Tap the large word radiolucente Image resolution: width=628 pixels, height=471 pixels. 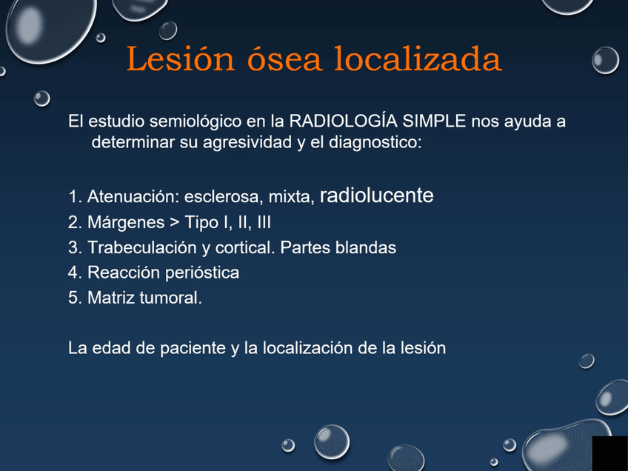pos(376,196)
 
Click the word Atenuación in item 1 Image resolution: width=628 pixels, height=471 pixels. pos(130,198)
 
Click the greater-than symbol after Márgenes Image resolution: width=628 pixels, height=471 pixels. pos(175,222)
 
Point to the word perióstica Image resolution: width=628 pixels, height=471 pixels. pos(202,273)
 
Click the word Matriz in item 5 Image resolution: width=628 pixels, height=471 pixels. pos(108,298)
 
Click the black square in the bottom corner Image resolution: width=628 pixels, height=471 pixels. pos(609,453)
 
